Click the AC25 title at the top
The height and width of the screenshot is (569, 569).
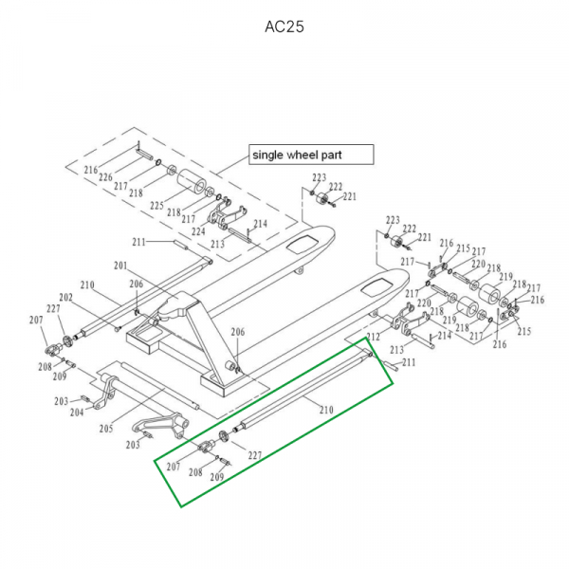(x=284, y=26)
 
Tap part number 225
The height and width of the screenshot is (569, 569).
(x=157, y=205)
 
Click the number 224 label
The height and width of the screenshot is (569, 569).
(x=197, y=230)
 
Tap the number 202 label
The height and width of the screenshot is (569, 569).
(x=66, y=297)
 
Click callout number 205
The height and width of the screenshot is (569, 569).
(x=106, y=428)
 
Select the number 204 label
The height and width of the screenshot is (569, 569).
(x=77, y=412)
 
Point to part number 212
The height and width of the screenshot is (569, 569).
(x=373, y=337)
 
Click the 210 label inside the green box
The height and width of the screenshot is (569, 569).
(x=325, y=411)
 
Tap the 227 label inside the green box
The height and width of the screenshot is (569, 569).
(x=254, y=454)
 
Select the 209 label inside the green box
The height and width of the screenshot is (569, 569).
(x=217, y=478)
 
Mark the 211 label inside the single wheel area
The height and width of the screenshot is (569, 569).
(x=139, y=243)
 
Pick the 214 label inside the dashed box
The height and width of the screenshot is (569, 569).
(x=260, y=224)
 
